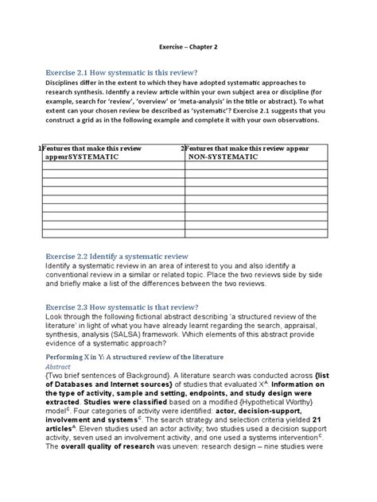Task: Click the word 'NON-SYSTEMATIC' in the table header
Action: [223, 157]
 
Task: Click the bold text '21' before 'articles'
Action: [317, 419]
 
